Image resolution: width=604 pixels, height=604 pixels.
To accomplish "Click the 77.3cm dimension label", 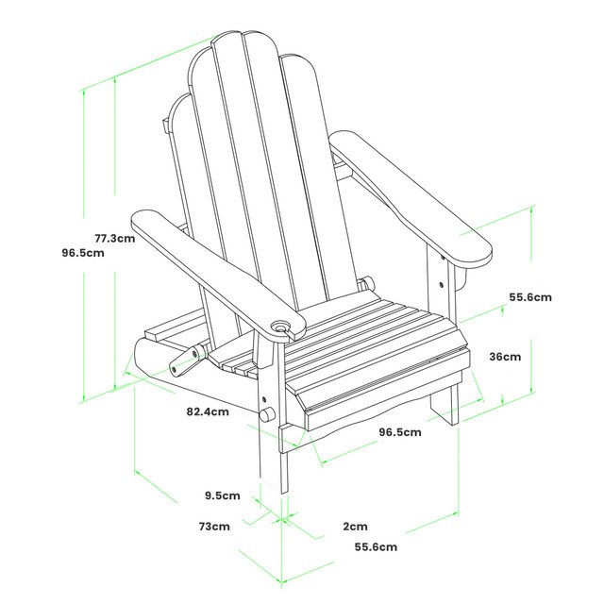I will (x=114, y=238).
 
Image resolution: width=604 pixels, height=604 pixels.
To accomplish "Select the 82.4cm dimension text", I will (x=208, y=411).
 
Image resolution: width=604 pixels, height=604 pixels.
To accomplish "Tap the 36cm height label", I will (x=505, y=357).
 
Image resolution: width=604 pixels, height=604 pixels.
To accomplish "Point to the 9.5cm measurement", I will (x=223, y=495).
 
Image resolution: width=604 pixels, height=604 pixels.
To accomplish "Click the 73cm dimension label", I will (x=214, y=526).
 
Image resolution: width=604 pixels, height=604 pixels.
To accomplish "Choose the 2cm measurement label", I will (x=355, y=526).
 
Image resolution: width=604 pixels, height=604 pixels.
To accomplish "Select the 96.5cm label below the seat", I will (x=400, y=432).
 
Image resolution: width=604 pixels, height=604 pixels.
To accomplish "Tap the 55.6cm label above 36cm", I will (x=530, y=296).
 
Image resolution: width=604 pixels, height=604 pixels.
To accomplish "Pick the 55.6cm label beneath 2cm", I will (x=376, y=546).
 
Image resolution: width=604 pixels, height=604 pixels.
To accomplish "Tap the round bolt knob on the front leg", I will (x=268, y=414).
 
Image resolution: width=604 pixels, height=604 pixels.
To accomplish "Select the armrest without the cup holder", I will (x=411, y=193).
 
